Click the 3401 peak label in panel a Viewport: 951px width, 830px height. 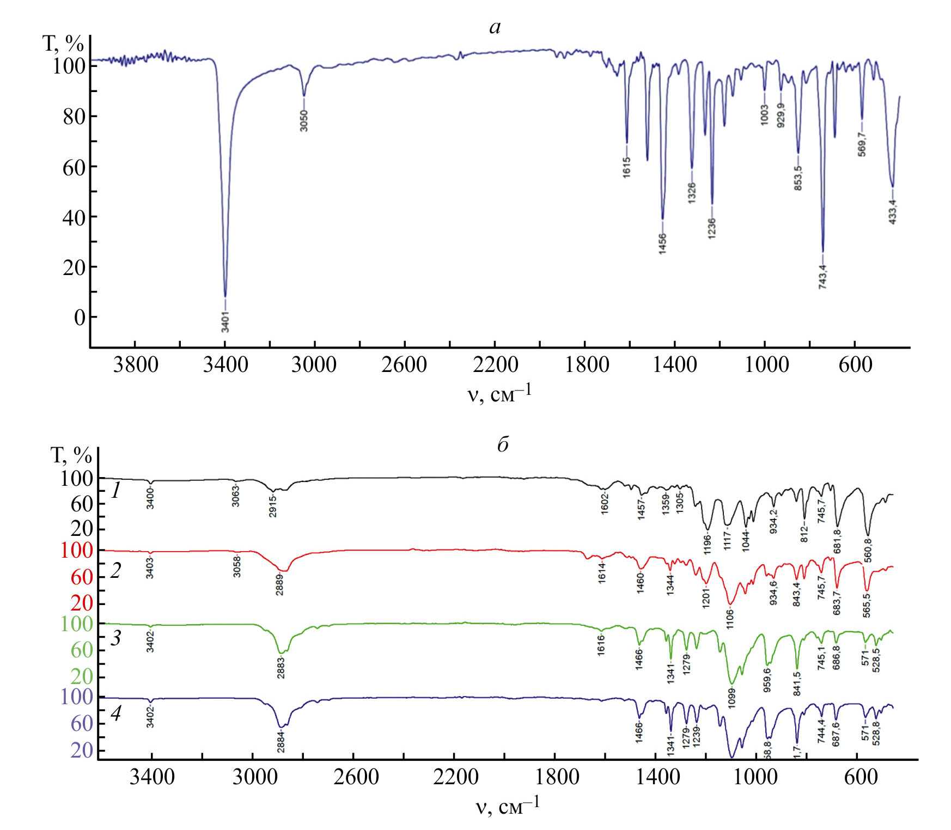coord(225,322)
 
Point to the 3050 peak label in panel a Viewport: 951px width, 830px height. coord(304,120)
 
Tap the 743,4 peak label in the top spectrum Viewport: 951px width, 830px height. coord(822,277)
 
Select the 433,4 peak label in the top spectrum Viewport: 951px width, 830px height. coord(892,212)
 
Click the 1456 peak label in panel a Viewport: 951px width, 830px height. coord(662,243)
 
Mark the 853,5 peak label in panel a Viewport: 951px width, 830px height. coord(798,178)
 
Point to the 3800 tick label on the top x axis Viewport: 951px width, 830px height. coord(136,364)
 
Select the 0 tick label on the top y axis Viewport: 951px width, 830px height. coord(80,318)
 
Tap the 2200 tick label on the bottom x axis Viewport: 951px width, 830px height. coord(456,777)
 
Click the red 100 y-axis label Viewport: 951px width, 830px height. coord(77,551)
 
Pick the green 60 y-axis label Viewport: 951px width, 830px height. coord(82,650)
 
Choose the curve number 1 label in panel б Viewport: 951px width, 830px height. coord(115,491)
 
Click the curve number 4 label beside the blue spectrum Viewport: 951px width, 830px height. coord(115,713)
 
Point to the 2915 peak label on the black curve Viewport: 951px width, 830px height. coord(273,505)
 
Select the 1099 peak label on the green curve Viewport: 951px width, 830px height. coord(732,697)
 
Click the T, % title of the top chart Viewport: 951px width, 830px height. coord(63,44)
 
